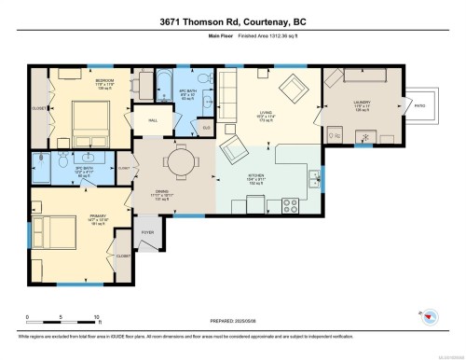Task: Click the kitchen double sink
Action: click(316, 174)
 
